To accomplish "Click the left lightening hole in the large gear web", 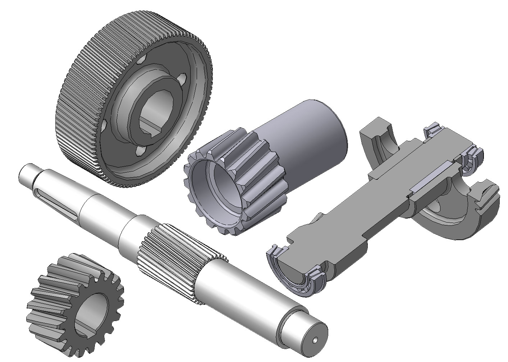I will [x=104, y=126].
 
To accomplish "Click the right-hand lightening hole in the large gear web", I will [x=183, y=78].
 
